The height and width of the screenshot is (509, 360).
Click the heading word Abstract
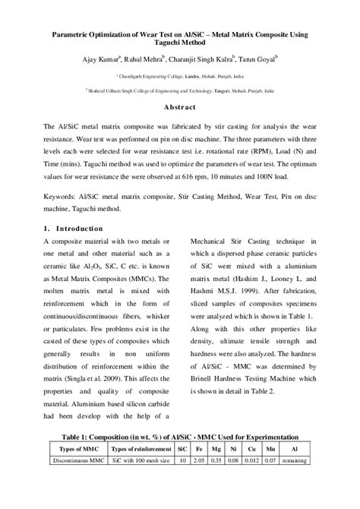[180, 107]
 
